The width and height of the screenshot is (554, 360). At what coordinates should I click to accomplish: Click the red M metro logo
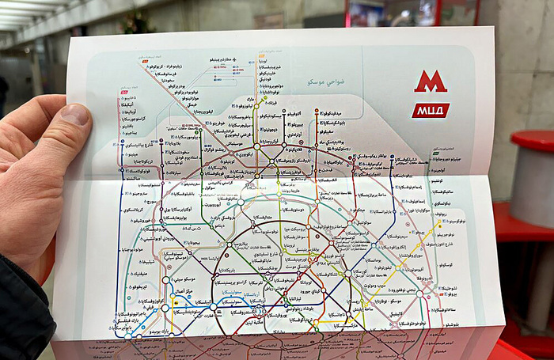[431, 81]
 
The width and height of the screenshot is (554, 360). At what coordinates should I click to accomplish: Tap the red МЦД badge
[430, 110]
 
